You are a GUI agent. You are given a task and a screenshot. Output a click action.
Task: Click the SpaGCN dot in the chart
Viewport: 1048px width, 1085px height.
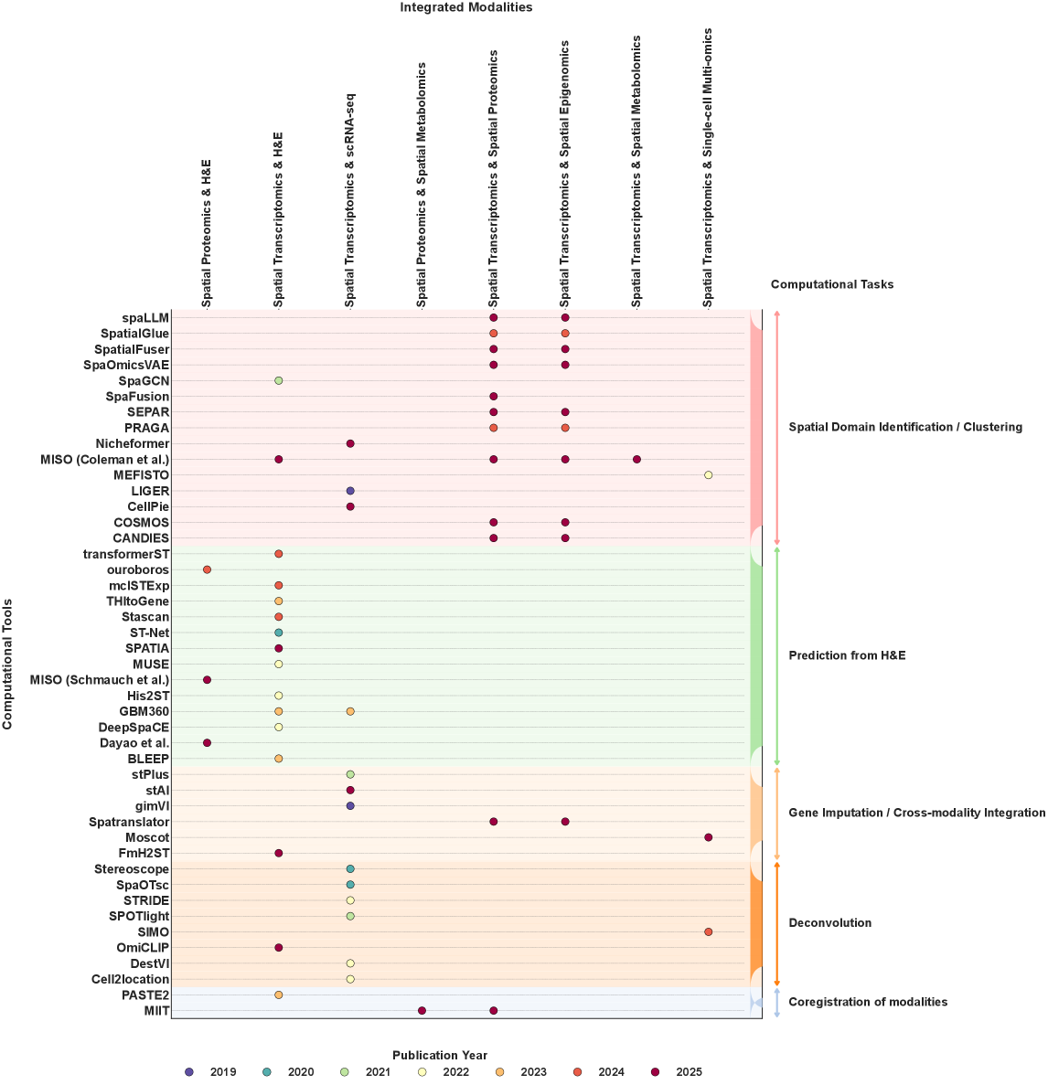pyautogui.click(x=279, y=380)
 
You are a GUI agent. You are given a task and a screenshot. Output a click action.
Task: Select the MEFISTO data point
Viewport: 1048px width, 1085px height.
pyautogui.click(x=708, y=475)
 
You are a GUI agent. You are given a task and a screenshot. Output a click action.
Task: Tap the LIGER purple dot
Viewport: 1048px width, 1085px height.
pyautogui.click(x=350, y=491)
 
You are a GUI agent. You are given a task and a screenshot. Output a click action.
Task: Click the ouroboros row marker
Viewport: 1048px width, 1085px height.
pyautogui.click(x=207, y=569)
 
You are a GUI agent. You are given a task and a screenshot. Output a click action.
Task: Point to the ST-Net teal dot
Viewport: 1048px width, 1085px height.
pyautogui.click(x=279, y=633)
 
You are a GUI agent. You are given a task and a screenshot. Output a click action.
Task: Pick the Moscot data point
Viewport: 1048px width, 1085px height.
pyautogui.click(x=708, y=837)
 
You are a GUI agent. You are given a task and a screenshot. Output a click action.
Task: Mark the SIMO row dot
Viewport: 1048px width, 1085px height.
pyautogui.click(x=708, y=931)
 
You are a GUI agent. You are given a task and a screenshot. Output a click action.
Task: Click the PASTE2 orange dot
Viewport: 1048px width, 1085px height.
pyautogui.click(x=279, y=995)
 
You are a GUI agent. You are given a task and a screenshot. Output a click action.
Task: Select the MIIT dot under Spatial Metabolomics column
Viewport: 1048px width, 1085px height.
pyautogui.click(x=422, y=1010)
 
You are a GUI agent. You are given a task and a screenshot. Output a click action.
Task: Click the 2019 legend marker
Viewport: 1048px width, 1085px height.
pyautogui.click(x=189, y=1072)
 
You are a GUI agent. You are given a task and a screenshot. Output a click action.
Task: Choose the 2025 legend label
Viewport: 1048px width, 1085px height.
pyautogui.click(x=689, y=1072)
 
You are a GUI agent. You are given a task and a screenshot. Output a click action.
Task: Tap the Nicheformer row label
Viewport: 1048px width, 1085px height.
pyautogui.click(x=133, y=443)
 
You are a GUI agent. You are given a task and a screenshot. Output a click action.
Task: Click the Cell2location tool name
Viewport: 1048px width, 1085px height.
pyautogui.click(x=130, y=979)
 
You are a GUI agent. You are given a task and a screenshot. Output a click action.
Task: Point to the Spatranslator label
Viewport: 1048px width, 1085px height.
pyautogui.click(x=129, y=822)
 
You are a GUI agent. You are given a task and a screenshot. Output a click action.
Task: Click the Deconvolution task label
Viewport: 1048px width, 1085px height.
pyautogui.click(x=829, y=922)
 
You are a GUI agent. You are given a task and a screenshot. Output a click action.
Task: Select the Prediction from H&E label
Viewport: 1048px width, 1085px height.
pyautogui.click(x=847, y=655)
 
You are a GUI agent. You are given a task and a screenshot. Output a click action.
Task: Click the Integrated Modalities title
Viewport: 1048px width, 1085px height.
pyautogui.click(x=465, y=7)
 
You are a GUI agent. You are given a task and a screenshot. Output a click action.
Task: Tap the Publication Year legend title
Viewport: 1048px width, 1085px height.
pyautogui.click(x=440, y=1056)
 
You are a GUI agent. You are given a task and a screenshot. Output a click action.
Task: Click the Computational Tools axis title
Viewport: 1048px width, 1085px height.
pyautogui.click(x=7, y=665)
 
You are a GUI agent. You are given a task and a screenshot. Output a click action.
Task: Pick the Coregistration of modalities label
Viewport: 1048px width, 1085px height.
pyautogui.click(x=868, y=1002)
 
